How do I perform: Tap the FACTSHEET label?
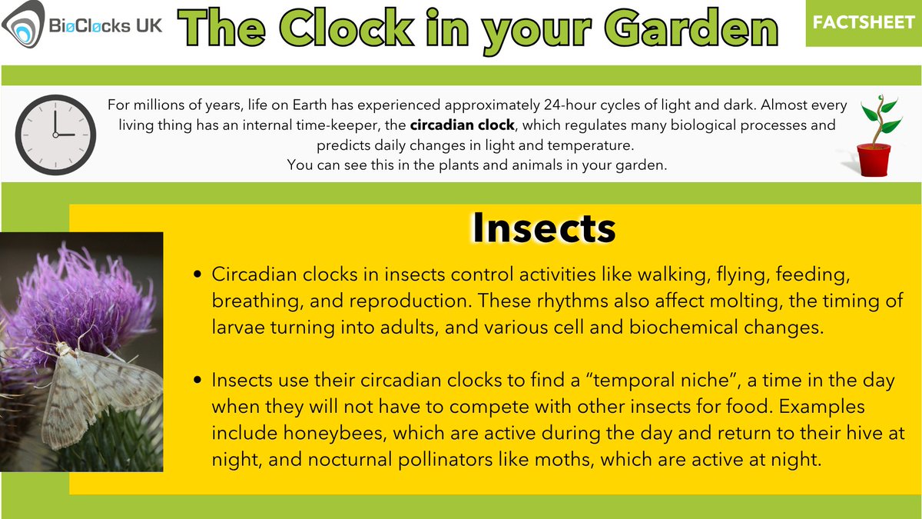(864, 22)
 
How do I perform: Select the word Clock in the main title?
(341, 30)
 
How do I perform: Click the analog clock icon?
(55, 134)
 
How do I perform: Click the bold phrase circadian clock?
(456, 125)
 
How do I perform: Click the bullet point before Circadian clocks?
(199, 275)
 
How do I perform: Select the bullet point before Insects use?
(199, 381)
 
